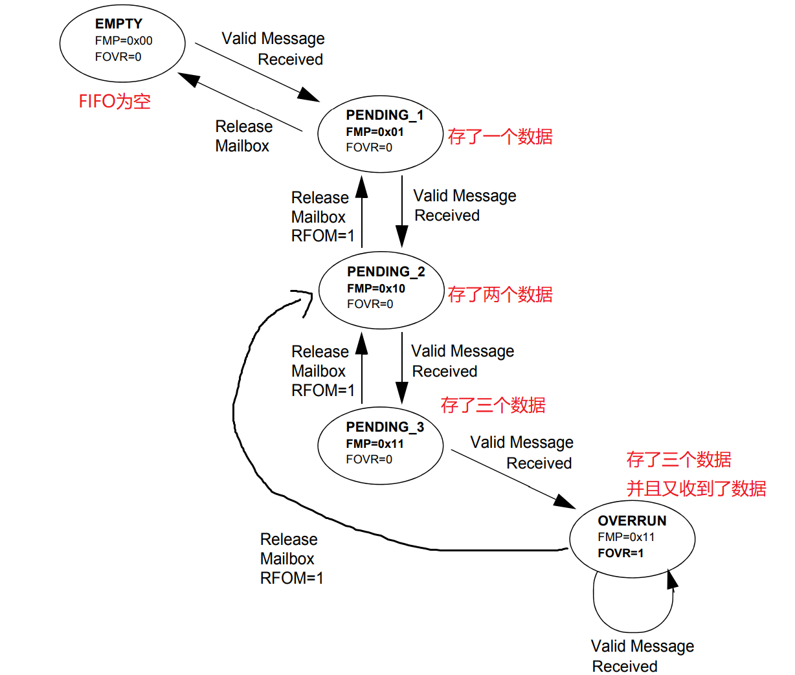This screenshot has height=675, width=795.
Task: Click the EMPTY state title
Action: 118,24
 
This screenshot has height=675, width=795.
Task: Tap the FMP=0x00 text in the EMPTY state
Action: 124,41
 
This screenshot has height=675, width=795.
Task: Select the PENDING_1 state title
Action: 385,115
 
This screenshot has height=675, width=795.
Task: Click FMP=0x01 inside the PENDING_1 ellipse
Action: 375,132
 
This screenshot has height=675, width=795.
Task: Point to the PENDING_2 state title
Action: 386,272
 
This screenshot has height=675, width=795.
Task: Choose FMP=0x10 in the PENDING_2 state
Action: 376,289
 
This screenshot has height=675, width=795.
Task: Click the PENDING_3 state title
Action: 385,427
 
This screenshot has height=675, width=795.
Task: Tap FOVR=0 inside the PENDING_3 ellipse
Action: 369,459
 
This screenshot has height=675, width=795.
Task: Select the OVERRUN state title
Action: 632,521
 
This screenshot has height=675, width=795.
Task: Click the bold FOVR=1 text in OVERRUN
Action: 620,553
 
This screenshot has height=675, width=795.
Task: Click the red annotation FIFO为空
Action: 115,102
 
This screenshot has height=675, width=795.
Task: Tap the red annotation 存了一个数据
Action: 500,137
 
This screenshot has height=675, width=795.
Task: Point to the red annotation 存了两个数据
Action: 500,294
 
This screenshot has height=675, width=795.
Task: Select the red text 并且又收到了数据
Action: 696,488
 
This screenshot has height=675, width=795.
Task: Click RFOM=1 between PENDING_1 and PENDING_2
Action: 323,236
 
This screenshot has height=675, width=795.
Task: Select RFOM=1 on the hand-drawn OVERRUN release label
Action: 291,578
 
